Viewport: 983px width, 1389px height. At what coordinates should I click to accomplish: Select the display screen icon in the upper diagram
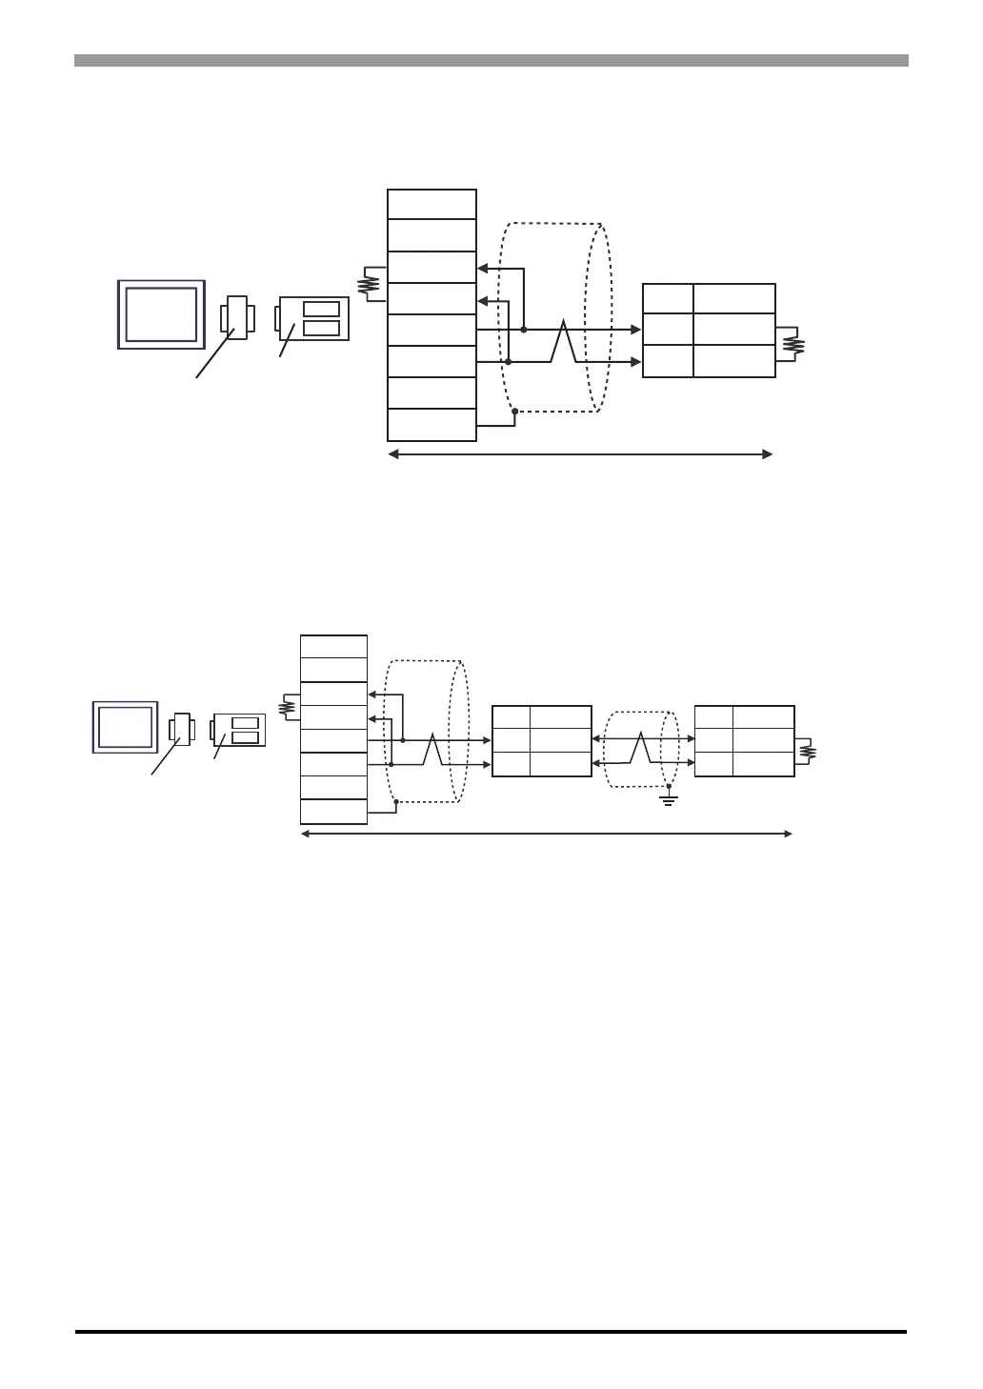(161, 314)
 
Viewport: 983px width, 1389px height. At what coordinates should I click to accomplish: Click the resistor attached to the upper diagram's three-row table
(792, 345)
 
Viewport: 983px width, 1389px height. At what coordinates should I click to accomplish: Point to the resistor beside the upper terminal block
(370, 284)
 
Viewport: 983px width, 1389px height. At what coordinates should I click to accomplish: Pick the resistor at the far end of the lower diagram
(809, 752)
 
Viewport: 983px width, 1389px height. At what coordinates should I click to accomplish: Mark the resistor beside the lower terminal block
(285, 707)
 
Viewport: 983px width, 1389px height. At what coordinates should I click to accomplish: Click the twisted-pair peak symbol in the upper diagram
(564, 342)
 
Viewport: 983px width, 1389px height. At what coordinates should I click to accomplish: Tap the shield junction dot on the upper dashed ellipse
(514, 411)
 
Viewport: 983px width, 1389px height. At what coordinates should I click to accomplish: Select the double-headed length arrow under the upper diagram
(580, 455)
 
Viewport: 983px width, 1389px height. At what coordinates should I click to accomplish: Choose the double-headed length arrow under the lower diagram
(546, 835)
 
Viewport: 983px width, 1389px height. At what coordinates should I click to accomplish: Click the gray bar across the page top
(491, 61)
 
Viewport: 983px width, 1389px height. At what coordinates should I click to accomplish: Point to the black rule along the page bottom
(491, 1332)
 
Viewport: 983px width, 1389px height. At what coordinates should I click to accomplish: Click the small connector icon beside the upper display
(235, 317)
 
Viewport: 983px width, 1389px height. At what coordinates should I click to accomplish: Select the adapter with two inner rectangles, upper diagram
(312, 319)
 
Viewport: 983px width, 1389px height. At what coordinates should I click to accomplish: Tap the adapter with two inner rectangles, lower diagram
(239, 730)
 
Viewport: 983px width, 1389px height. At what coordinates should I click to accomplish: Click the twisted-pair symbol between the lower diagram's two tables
(641, 749)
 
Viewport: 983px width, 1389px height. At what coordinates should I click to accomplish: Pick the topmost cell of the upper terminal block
(431, 205)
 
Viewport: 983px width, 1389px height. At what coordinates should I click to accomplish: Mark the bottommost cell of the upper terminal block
(431, 425)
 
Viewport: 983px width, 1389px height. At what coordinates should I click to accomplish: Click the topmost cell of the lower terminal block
(333, 646)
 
